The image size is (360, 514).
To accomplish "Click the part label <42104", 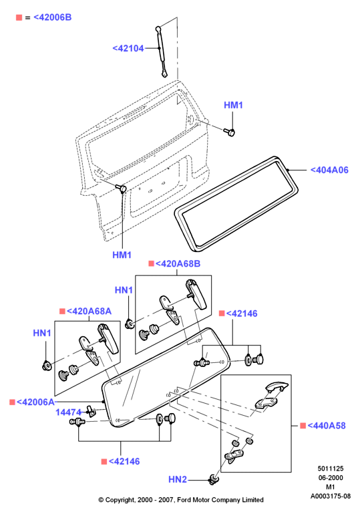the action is coord(128,48).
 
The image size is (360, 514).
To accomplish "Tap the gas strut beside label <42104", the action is coord(161,51).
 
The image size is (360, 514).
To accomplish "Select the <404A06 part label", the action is coord(329,170).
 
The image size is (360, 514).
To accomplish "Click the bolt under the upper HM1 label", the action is coord(230,132).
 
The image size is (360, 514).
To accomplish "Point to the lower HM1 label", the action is coord(122,255).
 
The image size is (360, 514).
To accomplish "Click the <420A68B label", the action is coord(178,263).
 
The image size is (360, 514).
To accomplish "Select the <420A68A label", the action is coord(89,311).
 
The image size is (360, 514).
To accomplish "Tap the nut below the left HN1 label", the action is coord(47,365).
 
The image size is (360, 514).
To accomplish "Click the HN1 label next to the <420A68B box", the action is coord(124,290).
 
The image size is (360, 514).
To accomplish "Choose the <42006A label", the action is coord(35,402).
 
